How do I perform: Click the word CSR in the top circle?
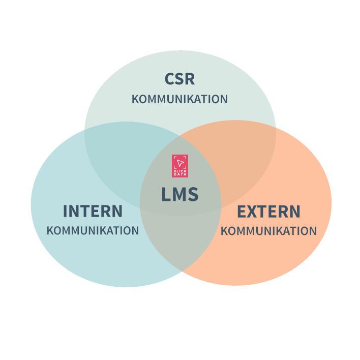click(179, 79)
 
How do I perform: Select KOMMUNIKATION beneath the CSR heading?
click(179, 99)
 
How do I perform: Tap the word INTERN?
click(93, 211)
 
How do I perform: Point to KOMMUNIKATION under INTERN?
click(93, 231)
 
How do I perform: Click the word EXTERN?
click(268, 211)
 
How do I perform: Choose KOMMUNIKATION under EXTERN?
click(268, 231)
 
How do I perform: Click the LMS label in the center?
click(179, 195)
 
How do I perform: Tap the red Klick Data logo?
click(179, 166)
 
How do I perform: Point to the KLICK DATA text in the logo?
click(179, 172)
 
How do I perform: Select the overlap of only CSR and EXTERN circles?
click(239, 153)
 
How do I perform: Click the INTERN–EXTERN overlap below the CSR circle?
click(181, 239)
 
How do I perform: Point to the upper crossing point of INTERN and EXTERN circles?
click(181, 136)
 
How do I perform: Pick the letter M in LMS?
click(179, 195)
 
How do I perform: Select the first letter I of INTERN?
click(65, 211)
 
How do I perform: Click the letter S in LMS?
click(193, 195)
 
